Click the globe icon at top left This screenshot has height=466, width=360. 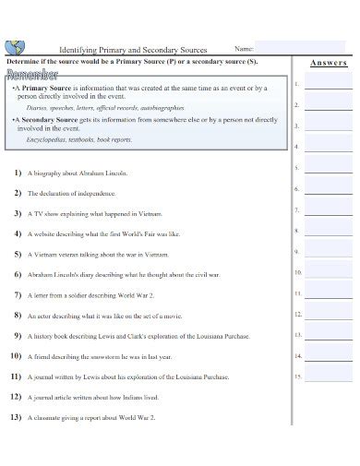(x=15, y=46)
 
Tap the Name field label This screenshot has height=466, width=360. (x=244, y=48)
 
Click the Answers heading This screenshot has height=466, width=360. (x=329, y=63)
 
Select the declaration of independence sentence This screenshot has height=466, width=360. (x=71, y=194)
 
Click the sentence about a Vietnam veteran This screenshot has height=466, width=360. (x=98, y=255)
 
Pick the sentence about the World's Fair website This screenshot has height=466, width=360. (x=103, y=234)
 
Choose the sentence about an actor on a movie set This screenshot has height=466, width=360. (x=102, y=316)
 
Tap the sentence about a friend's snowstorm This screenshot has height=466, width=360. (x=100, y=356)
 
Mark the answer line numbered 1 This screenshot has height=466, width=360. (x=328, y=86)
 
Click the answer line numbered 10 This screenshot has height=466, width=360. (x=328, y=274)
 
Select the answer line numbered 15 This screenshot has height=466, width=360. (x=328, y=378)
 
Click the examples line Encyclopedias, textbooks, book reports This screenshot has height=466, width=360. (x=79, y=139)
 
